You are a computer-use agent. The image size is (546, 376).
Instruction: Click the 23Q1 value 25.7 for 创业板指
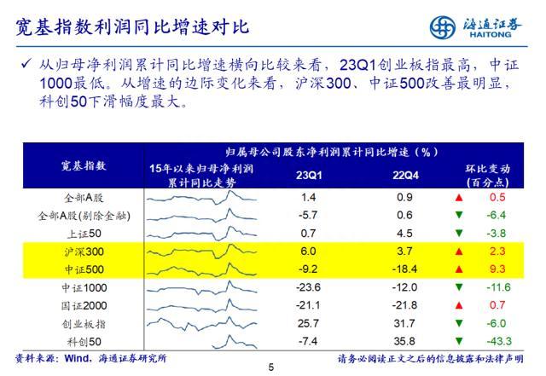308,323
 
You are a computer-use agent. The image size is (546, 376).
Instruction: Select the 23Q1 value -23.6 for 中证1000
308,286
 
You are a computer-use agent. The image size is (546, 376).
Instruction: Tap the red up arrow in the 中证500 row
460,269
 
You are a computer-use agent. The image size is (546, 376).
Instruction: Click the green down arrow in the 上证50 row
460,233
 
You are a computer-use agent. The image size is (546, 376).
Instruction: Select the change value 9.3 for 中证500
497,269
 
